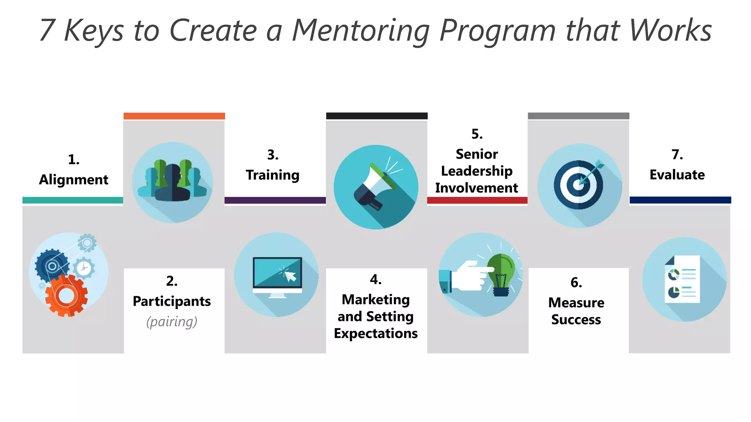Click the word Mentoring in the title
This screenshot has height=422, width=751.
[361, 31]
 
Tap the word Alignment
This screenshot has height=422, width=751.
[74, 180]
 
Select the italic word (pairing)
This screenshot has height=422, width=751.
[172, 322]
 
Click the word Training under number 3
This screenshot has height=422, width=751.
[272, 175]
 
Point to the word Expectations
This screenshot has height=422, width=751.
[375, 334]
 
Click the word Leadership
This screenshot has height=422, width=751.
[477, 171]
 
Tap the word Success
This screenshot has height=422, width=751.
[576, 320]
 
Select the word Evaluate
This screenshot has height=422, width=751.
[677, 175]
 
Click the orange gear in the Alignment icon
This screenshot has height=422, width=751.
[66, 295]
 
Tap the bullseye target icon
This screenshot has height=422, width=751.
[579, 185]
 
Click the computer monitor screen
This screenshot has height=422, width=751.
[277, 273]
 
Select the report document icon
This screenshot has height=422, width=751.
[682, 279]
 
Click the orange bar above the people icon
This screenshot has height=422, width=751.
[174, 116]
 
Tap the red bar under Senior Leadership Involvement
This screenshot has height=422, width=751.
[477, 200]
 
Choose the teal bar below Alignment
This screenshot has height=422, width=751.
[73, 200]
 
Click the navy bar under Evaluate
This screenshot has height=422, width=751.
[680, 200]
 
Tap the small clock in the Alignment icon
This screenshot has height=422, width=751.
[84, 268]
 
